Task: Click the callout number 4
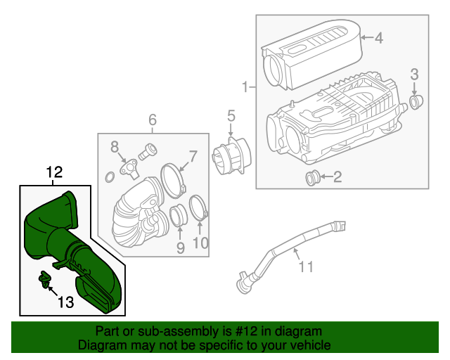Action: [378, 38]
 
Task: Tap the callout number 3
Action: [415, 74]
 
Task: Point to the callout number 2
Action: [337, 177]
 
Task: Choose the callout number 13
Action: [65, 302]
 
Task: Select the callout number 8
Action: [114, 146]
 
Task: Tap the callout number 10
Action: [200, 243]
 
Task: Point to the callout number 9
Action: [180, 247]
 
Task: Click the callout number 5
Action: [231, 116]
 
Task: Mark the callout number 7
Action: [193, 156]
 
